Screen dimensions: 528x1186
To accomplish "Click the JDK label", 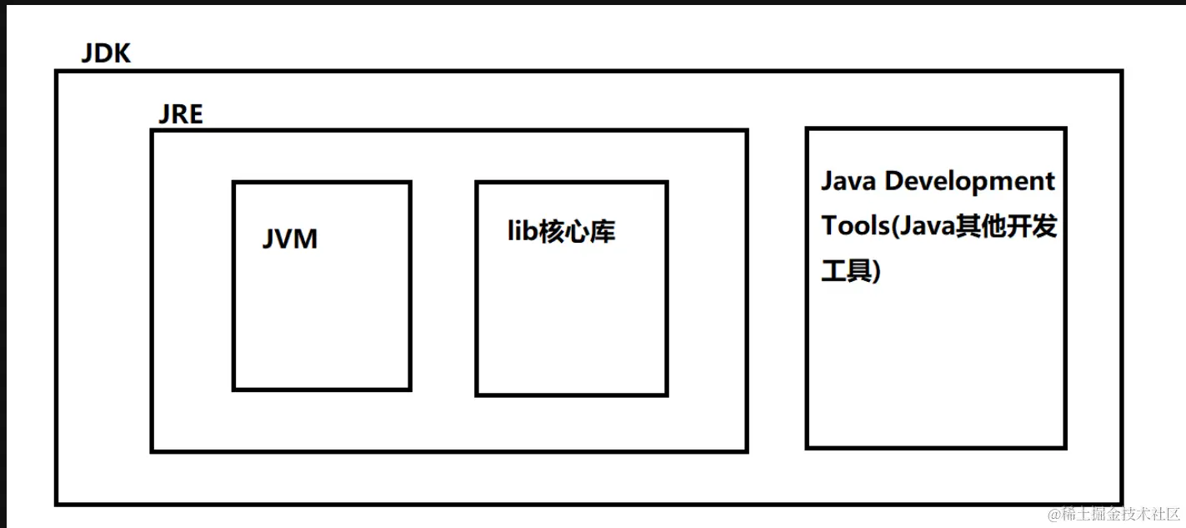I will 106,54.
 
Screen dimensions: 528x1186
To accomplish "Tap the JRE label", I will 180,113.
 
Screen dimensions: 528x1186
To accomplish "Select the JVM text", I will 290,239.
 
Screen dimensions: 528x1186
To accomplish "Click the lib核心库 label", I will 561,231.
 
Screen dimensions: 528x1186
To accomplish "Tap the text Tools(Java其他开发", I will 938,226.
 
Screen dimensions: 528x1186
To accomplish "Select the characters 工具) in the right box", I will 851,271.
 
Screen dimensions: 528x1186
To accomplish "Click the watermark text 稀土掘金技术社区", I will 1121,514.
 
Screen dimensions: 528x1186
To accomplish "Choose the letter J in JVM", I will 268,239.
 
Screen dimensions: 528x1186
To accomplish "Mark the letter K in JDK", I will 122,54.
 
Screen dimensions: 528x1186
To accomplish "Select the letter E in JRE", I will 195,113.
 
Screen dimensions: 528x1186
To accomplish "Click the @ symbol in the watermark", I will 1054,514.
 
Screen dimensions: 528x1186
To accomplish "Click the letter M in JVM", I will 307,239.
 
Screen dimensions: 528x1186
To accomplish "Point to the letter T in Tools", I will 830,226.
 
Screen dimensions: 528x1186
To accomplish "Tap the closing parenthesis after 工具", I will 876,272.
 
